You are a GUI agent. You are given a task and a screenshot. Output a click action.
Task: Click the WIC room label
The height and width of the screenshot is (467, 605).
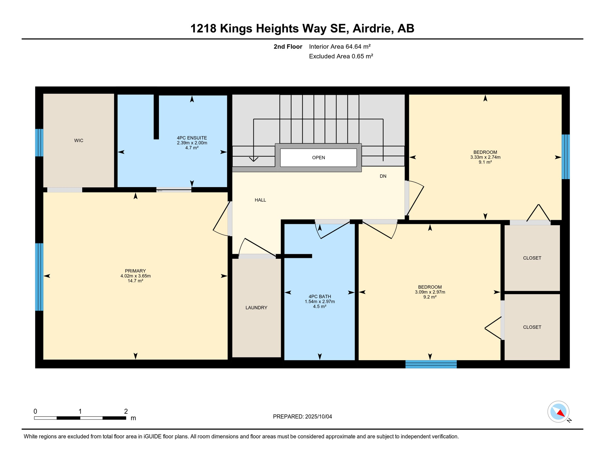click(79, 140)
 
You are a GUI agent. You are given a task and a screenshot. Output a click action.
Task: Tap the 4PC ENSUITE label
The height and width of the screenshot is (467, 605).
click(192, 138)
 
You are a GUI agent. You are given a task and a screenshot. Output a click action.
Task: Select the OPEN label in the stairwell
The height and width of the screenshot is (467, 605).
click(318, 157)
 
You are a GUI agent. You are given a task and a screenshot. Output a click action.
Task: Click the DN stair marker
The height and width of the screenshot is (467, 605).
click(383, 176)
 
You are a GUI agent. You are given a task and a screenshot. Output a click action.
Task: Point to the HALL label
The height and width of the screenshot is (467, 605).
click(260, 200)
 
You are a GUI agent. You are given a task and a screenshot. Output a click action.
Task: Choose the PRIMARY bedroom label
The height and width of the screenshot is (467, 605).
click(135, 271)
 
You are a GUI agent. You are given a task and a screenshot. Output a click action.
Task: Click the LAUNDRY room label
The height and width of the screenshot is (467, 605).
click(256, 308)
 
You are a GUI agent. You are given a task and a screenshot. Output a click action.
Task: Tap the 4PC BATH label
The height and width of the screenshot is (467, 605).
click(320, 296)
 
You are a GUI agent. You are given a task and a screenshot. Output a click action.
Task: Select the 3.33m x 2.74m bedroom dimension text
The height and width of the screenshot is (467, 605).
click(485, 157)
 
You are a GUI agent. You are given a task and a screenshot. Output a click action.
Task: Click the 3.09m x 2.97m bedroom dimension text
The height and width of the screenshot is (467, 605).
click(430, 292)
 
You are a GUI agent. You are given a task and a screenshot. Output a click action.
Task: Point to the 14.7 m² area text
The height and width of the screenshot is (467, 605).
click(135, 281)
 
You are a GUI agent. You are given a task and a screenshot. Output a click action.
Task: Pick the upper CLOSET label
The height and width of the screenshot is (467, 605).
click(532, 258)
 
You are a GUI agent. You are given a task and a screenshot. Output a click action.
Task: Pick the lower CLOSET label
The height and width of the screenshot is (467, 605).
click(532, 327)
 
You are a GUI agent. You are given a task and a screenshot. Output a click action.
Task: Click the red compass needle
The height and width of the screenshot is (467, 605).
click(561, 413)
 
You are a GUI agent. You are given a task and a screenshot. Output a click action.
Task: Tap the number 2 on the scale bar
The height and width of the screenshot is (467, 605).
click(126, 411)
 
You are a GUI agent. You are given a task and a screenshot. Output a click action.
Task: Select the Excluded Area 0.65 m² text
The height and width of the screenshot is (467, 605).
click(341, 56)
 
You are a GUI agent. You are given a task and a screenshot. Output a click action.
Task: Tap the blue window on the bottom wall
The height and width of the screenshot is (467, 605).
click(431, 364)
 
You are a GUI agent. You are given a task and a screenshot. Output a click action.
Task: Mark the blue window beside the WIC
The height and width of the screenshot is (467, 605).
click(39, 143)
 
